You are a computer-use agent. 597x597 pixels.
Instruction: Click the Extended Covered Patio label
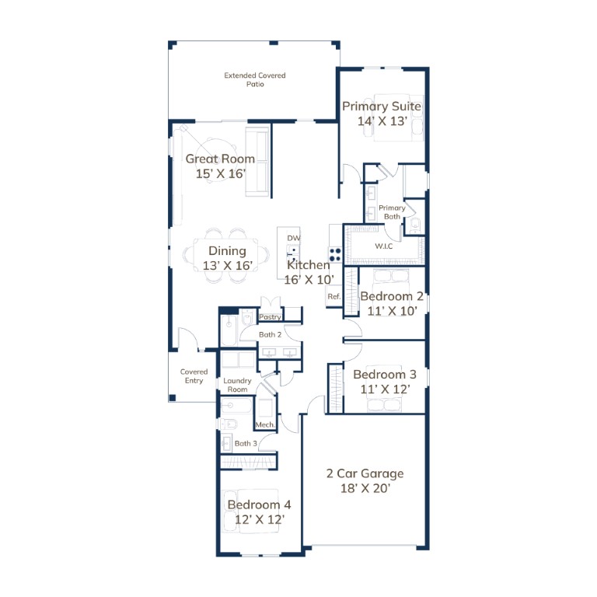pos(255,79)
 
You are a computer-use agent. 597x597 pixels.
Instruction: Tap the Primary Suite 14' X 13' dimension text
pos(382,121)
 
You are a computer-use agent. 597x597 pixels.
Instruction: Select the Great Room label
pos(220,159)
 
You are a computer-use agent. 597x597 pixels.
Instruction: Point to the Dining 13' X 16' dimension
pos(227,265)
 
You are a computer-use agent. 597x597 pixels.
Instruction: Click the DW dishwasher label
pos(294,238)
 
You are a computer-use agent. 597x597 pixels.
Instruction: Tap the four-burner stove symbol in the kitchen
pos(335,255)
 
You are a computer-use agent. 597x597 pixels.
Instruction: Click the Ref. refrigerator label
pos(334,297)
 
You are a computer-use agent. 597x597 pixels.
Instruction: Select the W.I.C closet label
pos(384,246)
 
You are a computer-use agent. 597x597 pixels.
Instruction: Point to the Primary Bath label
pos(392,212)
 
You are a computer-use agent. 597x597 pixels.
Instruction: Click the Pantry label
pos(270,317)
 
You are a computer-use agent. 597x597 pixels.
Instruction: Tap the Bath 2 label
pos(270,335)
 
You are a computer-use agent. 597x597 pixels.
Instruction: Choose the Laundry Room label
pos(237,385)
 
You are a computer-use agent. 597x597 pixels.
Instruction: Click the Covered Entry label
pos(194,375)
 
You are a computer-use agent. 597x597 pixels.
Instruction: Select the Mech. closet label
pos(264,425)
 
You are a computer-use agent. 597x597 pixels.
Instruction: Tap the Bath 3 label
pos(246,443)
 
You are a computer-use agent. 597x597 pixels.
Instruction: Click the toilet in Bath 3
pos(228,424)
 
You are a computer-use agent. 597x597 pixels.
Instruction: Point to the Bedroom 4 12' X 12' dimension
pos(260,519)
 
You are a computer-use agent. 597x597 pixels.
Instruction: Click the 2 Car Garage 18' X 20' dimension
pos(365,488)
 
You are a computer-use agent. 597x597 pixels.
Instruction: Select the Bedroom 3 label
pos(385,374)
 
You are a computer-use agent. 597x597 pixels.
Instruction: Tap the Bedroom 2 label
pos(392,296)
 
